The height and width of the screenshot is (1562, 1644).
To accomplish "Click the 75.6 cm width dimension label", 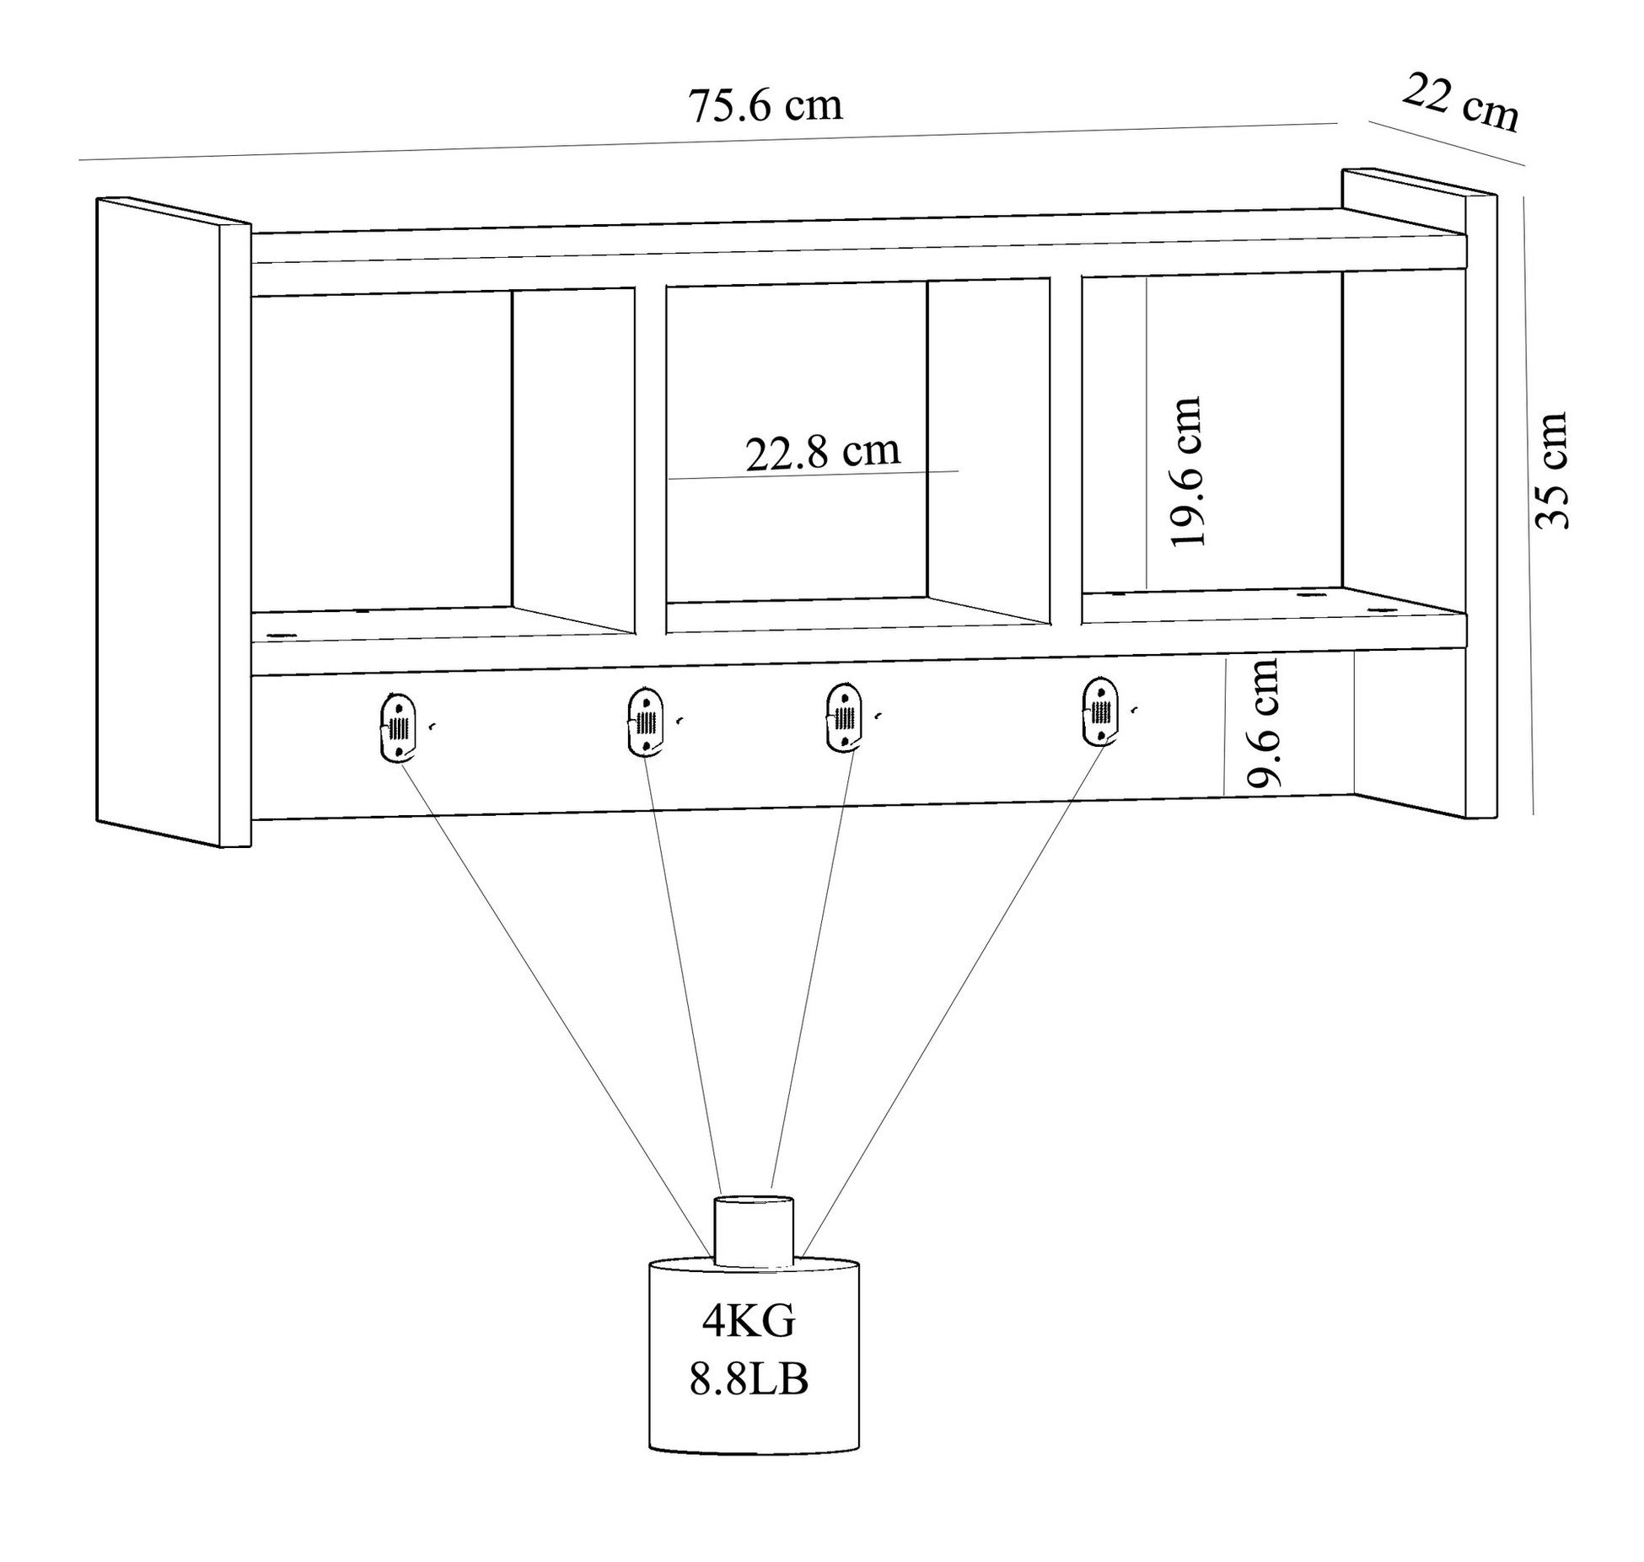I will pos(766,106).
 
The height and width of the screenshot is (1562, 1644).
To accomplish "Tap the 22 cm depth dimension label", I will pos(1461,104).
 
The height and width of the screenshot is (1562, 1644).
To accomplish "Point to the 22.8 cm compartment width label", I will pos(822,453).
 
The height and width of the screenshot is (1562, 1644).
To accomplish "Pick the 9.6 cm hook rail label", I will pos(1264,723).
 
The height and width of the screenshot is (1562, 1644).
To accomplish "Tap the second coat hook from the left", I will pos(646,722).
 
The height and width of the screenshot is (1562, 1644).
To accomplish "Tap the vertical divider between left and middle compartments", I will pos(649,459).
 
